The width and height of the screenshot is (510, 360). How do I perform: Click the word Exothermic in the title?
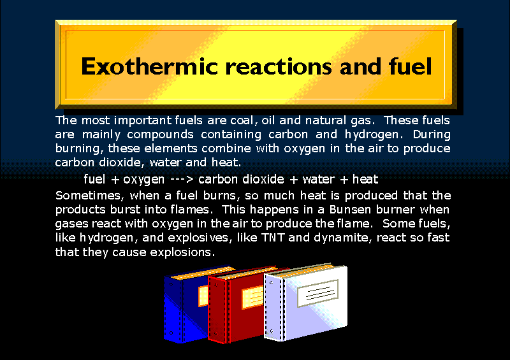tap(149, 66)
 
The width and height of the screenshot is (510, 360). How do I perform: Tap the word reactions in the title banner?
tap(279, 66)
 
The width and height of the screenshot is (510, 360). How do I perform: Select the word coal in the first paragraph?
tap(242, 120)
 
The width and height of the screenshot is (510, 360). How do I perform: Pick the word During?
tap(432, 134)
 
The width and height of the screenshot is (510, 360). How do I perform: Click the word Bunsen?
tap(350, 210)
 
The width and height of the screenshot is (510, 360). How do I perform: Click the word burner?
tap(395, 210)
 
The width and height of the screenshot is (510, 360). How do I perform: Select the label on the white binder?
tap(317, 293)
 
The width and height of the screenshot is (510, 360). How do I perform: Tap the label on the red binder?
tap(252, 298)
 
